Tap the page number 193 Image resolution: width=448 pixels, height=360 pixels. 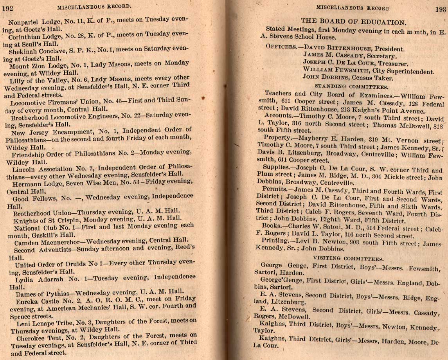[x=440, y=10]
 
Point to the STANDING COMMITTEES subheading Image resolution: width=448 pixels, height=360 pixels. [x=351, y=86]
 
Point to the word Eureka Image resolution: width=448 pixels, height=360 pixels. [x=26, y=301]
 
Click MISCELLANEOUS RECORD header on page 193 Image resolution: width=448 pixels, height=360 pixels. [x=353, y=8]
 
